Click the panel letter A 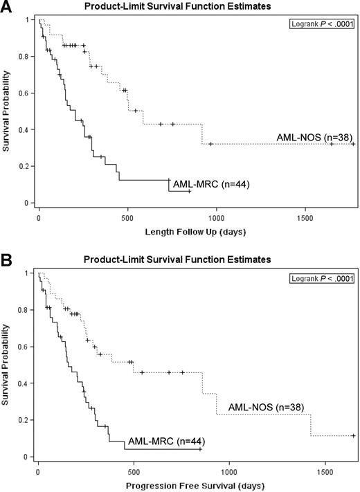click(7, 8)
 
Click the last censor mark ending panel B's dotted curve click(353, 436)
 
